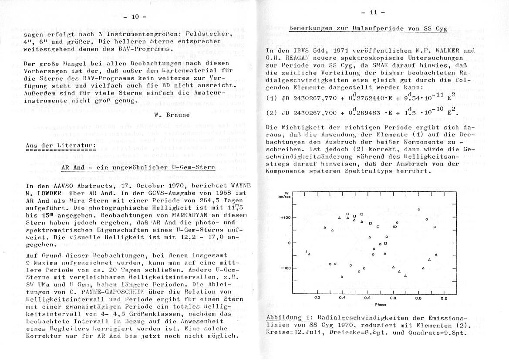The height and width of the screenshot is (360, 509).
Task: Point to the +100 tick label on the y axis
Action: (x=286, y=217)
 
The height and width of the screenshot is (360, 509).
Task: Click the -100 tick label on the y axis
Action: (x=286, y=268)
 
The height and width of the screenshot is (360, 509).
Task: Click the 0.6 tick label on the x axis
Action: (x=367, y=299)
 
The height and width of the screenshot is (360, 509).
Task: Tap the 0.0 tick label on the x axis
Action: (x=418, y=299)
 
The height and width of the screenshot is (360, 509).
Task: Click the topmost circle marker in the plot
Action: (x=418, y=210)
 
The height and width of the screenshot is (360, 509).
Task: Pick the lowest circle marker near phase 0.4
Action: (x=342, y=276)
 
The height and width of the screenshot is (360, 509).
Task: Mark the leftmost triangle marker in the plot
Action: (x=309, y=254)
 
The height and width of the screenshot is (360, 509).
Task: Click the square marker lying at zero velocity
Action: (x=385, y=243)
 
